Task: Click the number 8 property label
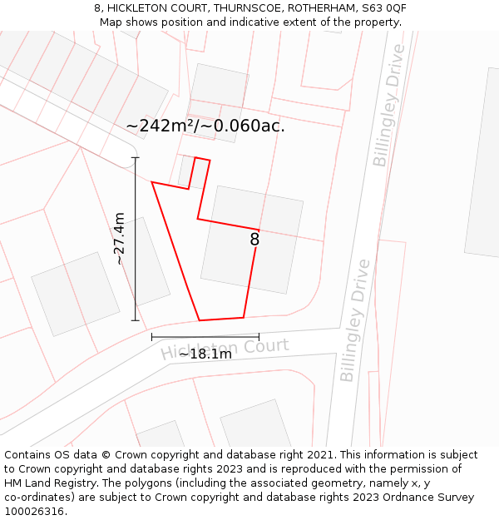click(254, 240)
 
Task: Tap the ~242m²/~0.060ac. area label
click(205, 126)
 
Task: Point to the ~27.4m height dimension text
click(120, 238)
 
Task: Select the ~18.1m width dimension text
click(205, 354)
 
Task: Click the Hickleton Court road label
click(225, 349)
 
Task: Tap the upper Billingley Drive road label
click(390, 106)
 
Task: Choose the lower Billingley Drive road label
click(354, 320)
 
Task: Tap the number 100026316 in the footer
click(33, 511)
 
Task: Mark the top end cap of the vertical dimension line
click(136, 157)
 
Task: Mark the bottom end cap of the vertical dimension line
click(136, 320)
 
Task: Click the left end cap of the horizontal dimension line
click(152, 337)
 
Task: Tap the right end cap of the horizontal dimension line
click(259, 337)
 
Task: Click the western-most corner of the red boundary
click(152, 182)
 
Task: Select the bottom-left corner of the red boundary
click(200, 320)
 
